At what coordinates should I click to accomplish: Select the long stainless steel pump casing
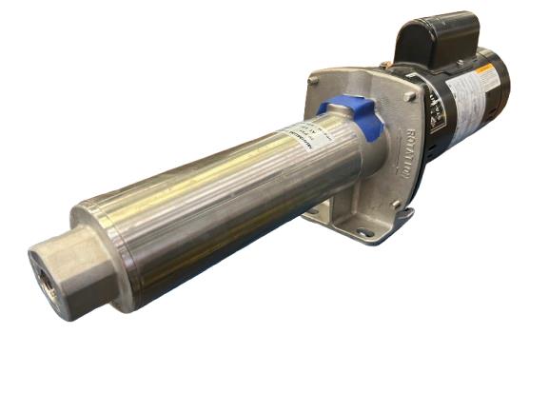(228, 190)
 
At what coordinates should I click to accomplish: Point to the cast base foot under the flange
(362, 224)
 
